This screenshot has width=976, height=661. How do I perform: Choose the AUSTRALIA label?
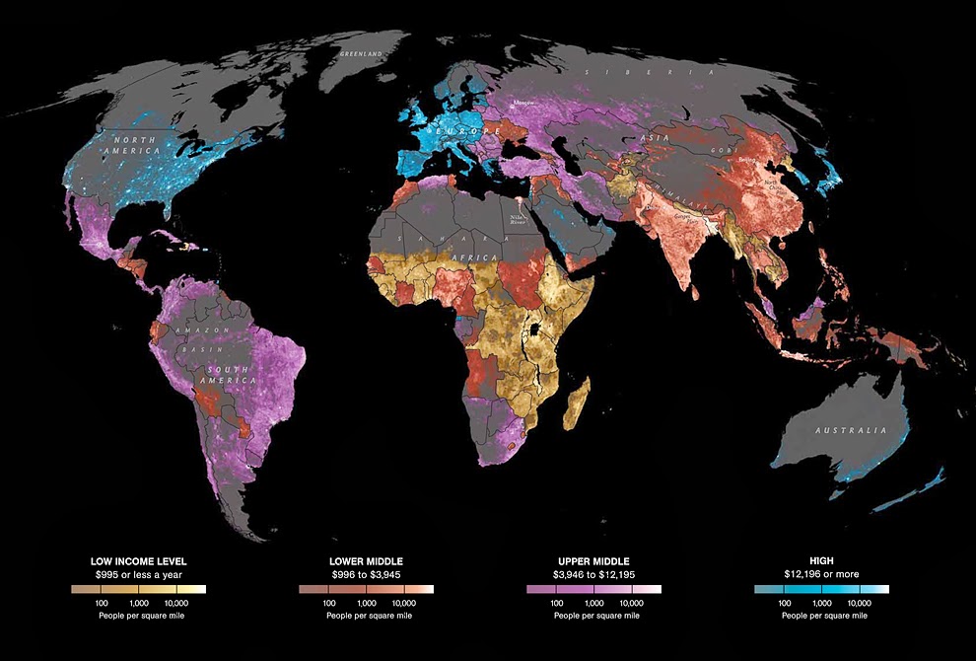pos(850,431)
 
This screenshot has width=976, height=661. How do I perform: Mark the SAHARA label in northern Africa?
pos(435,240)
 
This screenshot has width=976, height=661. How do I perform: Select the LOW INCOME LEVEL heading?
pos(138,561)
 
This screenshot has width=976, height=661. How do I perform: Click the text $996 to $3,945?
pos(366,574)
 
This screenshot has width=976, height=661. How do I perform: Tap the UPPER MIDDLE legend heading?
pos(593,561)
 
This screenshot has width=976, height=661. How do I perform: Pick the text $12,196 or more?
pos(821,574)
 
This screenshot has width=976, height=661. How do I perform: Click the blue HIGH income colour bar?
pos(821,589)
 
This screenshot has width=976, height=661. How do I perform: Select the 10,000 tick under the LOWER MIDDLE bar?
pos(404,602)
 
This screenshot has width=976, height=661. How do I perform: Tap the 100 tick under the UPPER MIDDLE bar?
pos(557,602)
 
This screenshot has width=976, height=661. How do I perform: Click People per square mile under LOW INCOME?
pos(138,616)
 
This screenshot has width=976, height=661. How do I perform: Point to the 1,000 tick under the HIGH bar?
pos(821,602)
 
